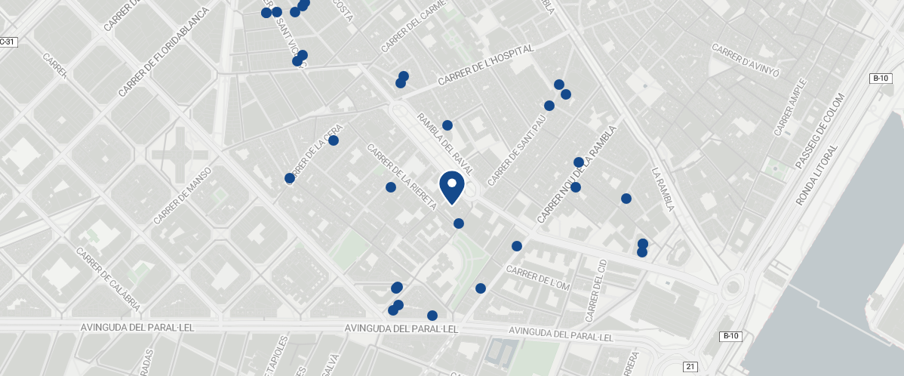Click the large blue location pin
pos(451,186)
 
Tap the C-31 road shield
pos(8,42)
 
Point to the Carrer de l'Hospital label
pos(485,65)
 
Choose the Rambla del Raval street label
pos(444,144)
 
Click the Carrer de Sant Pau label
pos(516,151)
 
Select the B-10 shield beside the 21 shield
pos(729,336)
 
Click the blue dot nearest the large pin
pos(459,223)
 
